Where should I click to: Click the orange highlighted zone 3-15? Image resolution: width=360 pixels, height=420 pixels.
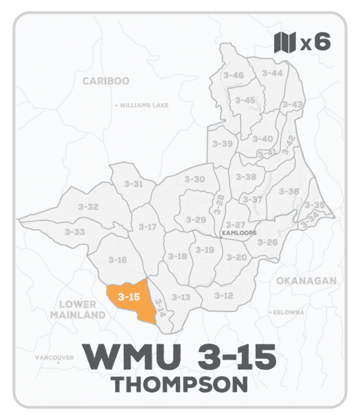(130, 299)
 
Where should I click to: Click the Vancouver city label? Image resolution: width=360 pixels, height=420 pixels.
(54, 358)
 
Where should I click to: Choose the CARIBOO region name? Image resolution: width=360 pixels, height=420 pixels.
(106, 81)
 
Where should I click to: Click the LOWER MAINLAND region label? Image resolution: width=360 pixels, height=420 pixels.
(78, 310)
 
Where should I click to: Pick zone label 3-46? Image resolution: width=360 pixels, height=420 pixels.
(233, 75)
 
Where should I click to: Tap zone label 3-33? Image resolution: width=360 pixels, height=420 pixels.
(75, 232)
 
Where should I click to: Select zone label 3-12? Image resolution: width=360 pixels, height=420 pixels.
(224, 295)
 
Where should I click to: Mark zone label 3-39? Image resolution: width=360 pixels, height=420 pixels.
(222, 144)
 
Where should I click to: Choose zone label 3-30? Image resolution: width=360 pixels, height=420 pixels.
(194, 179)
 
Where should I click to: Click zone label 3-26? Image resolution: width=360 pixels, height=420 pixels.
(268, 242)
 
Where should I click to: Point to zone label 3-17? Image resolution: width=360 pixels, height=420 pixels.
(148, 227)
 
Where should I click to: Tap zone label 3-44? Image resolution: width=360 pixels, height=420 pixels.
(272, 73)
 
